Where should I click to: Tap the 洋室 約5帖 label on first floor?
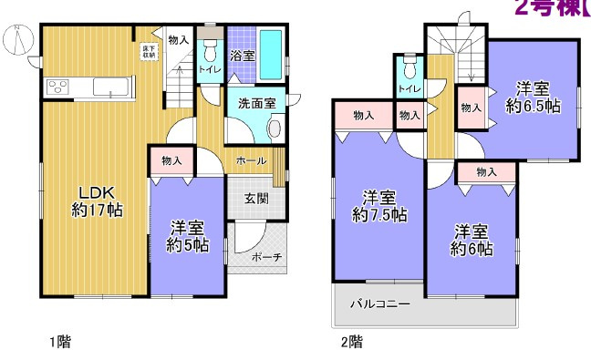tap(187, 236)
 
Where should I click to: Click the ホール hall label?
tap(251, 161)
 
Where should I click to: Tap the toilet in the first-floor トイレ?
tap(210, 46)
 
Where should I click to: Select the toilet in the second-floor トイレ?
tap(409, 67)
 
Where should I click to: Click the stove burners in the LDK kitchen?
tap(57, 87)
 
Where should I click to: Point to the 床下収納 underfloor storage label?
tap(148, 50)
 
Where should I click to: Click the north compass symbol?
tap(18, 40)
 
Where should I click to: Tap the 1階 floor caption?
tap(59, 343)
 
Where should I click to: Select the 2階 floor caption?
tap(351, 343)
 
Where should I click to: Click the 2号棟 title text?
tap(549, 9)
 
